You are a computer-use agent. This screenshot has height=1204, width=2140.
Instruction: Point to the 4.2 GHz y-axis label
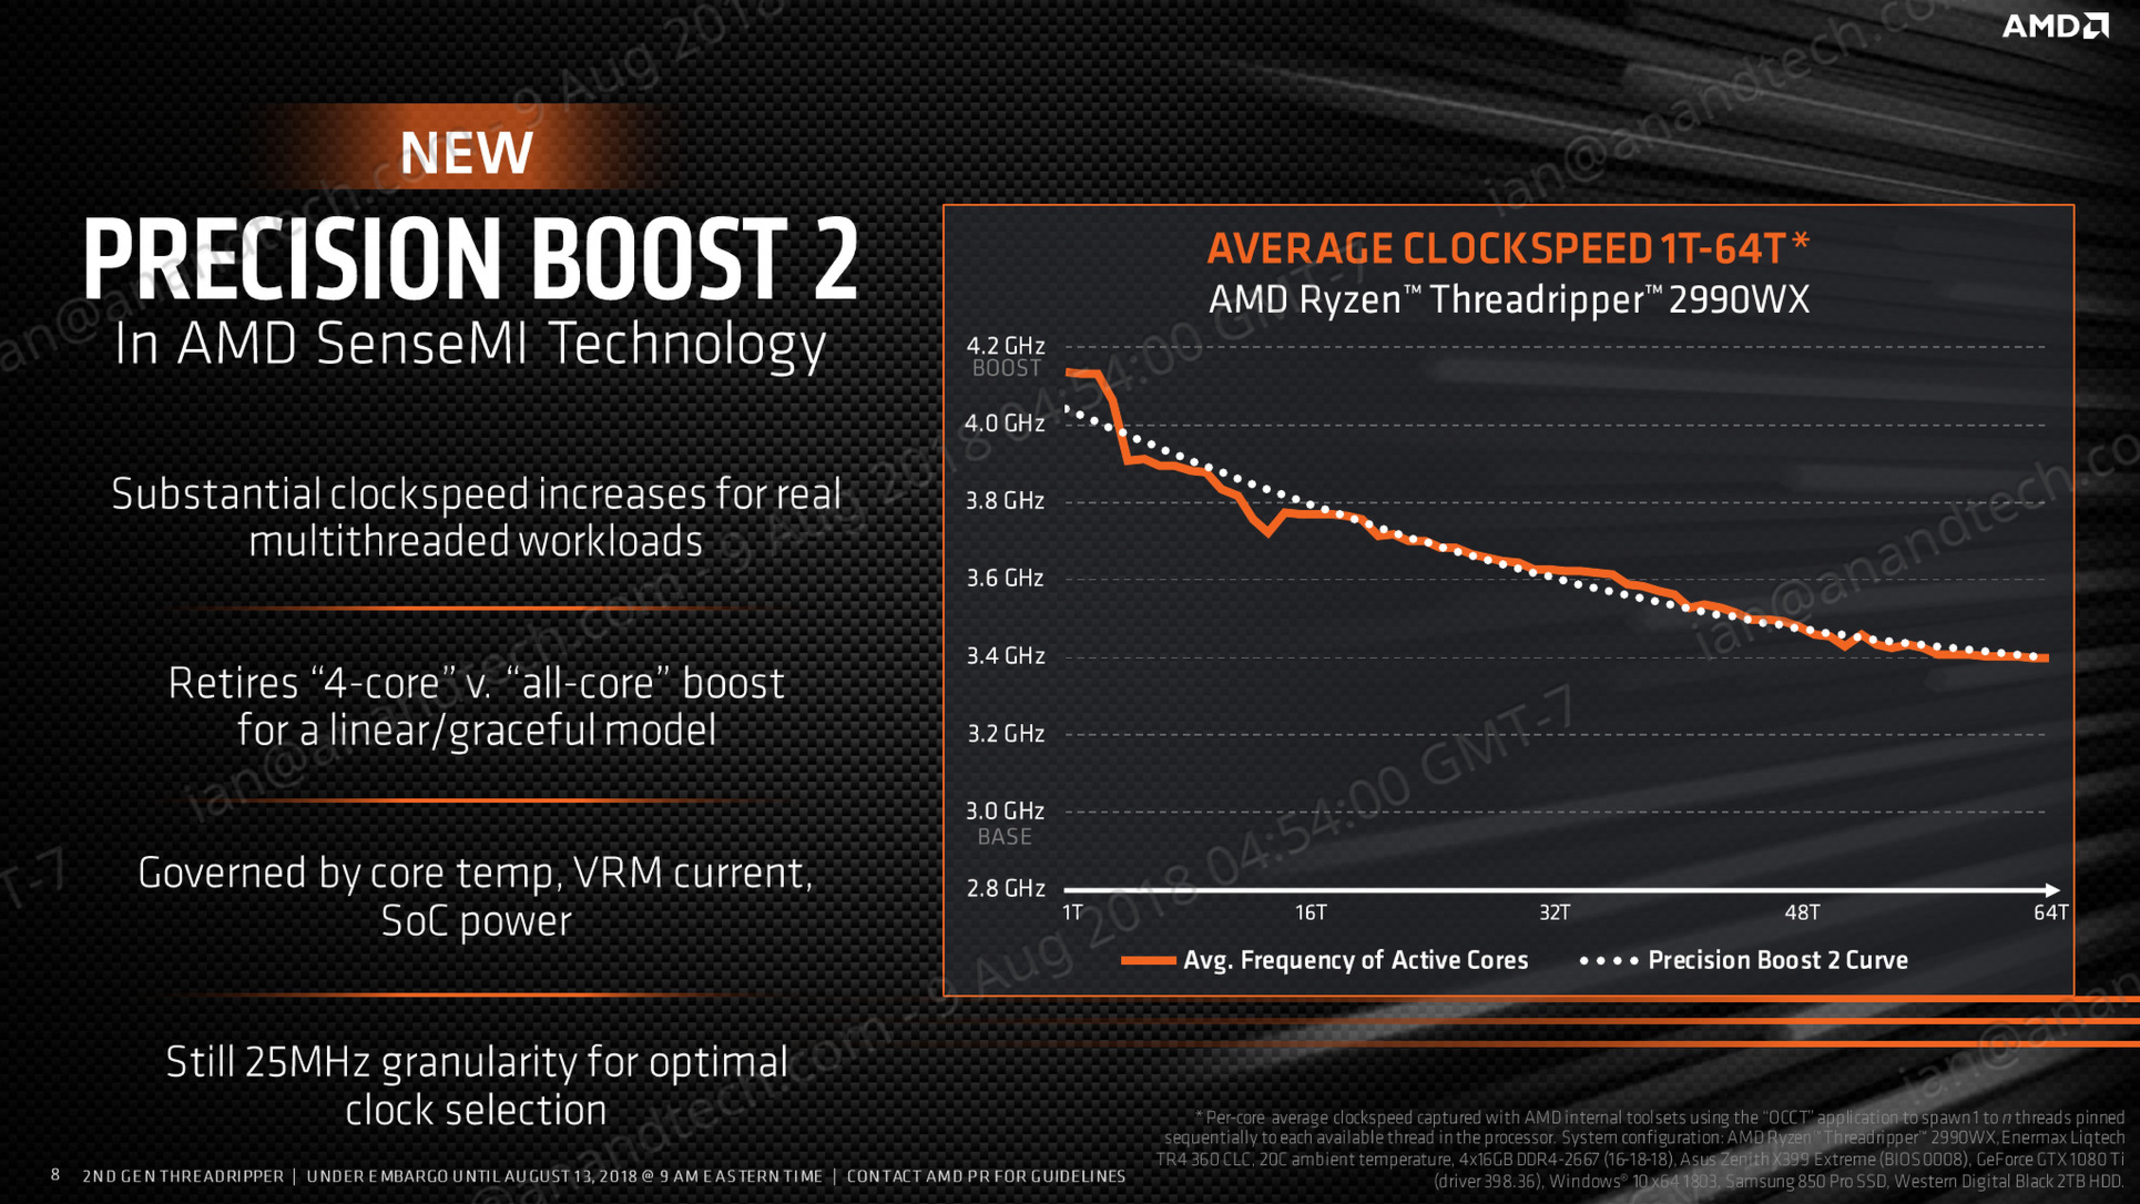click(1005, 345)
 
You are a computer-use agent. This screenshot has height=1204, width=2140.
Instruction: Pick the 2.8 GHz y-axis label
click(1005, 888)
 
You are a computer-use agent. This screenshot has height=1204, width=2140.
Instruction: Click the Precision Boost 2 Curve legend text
click(1778, 960)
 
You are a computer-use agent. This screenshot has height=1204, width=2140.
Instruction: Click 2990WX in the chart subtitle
click(1739, 299)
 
